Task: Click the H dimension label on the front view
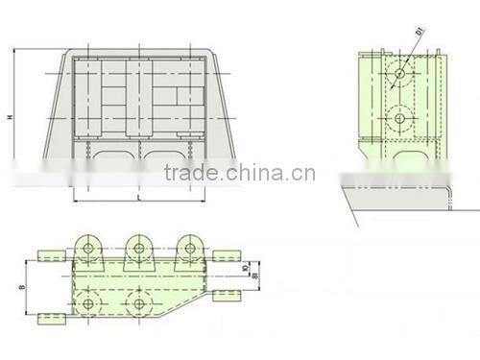[10, 118]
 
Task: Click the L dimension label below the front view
[139, 196]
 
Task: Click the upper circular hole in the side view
[398, 73]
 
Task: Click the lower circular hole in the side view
[398, 118]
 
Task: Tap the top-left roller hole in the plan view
[89, 249]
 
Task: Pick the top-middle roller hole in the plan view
[139, 249]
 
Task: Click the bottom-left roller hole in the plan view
[89, 304]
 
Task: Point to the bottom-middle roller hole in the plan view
[139, 304]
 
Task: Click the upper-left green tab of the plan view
[50, 255]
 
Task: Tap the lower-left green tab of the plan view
[50, 316]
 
